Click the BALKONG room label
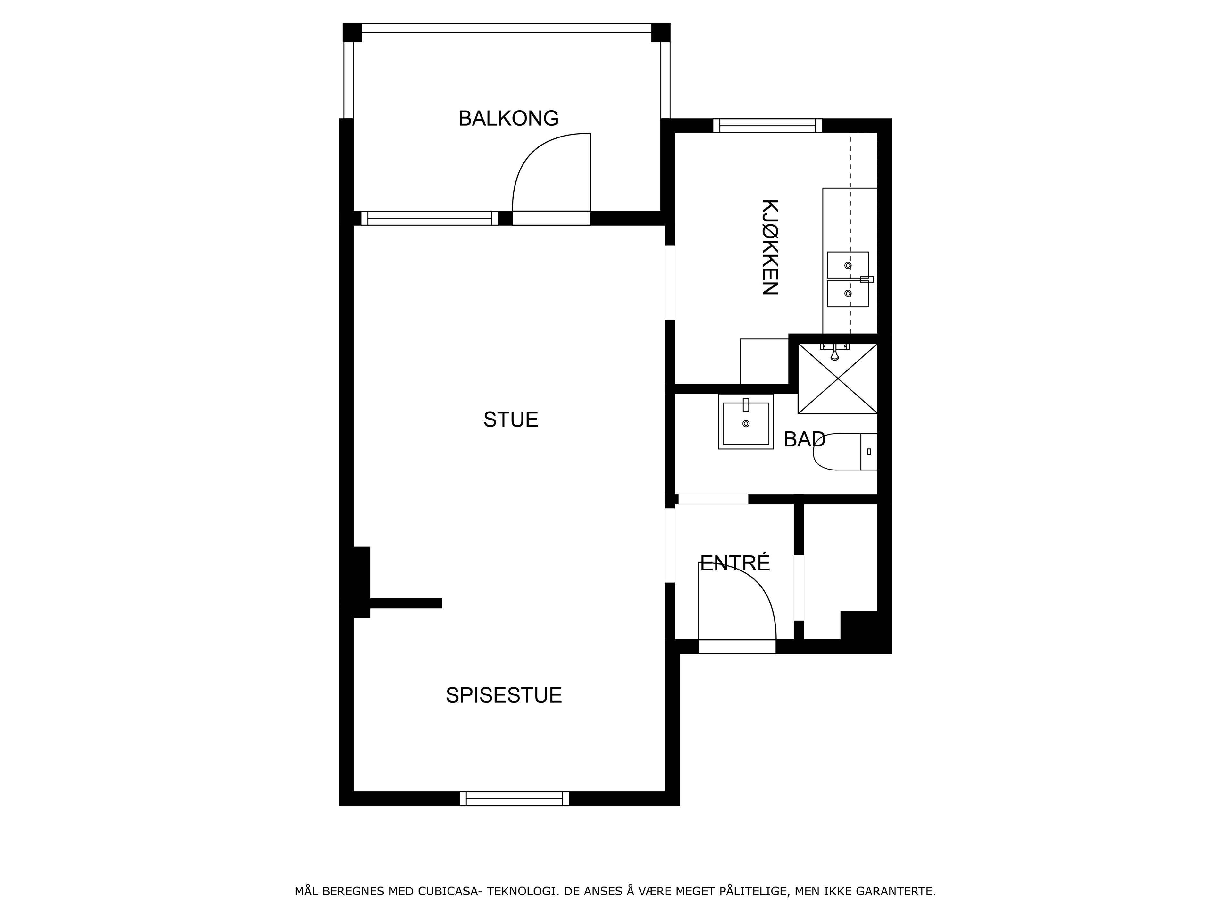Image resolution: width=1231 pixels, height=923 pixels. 508,119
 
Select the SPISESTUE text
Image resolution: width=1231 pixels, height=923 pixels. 504,695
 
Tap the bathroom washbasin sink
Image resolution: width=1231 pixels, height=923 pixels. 746,422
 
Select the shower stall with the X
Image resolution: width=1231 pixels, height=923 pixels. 838,378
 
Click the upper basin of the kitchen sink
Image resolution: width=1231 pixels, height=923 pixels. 848,265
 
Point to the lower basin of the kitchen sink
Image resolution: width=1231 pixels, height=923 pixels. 848,294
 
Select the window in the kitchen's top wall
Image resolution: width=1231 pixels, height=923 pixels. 767,126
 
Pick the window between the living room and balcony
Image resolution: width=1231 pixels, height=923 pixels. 430,218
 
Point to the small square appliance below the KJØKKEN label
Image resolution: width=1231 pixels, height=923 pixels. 764,361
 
